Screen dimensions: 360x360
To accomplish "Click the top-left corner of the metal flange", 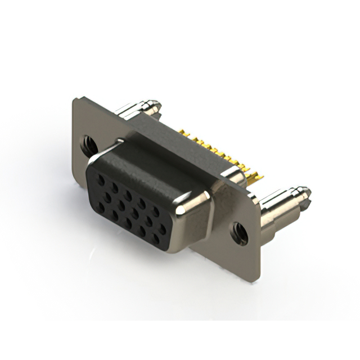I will (x=75, y=100).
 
